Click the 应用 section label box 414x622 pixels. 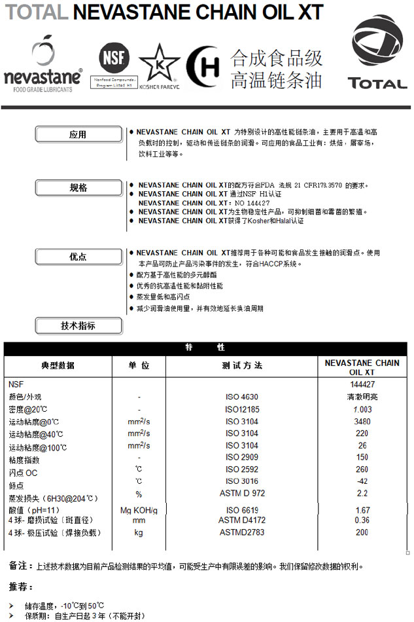[78, 135]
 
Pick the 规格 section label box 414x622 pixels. [78, 188]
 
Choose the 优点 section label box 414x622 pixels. [78, 257]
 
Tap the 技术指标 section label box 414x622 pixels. [78, 326]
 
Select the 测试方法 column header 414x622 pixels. [241, 365]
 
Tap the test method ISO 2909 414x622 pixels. [241, 457]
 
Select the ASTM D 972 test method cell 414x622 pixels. [241, 493]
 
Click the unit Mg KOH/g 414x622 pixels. [139, 510]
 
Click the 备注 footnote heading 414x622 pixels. [20, 566]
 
